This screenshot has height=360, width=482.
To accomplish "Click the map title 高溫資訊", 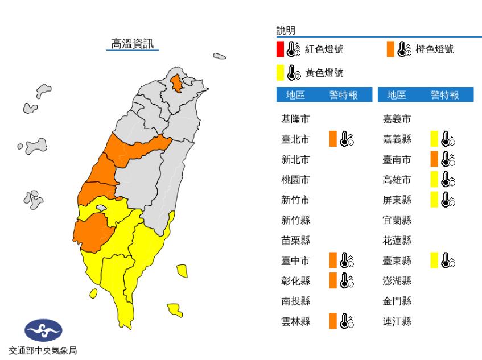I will tap(132, 44).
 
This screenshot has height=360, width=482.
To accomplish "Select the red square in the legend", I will tap(280, 49).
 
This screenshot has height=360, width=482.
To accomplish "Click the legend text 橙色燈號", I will tap(435, 49).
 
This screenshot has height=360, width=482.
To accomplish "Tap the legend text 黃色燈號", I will tap(324, 73).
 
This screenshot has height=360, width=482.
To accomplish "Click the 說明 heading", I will tap(286, 31).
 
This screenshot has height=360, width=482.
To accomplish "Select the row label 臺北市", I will tap(295, 139).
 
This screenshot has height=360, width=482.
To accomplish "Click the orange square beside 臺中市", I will tap(333, 260).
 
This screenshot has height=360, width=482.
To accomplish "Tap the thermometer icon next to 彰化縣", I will tap(347, 280).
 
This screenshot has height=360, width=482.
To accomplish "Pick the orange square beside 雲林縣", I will tap(333, 321).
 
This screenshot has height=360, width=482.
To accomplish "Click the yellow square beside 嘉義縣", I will tap(434, 139).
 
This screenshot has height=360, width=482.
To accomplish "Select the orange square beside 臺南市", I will tap(434, 159).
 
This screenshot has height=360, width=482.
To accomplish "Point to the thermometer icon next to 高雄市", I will tap(448, 180).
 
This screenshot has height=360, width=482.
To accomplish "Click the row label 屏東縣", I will tap(397, 200).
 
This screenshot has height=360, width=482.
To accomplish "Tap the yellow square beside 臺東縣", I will tap(434, 260).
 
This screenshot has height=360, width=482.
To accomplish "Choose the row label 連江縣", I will tap(397, 321).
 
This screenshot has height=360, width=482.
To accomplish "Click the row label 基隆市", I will tap(295, 119).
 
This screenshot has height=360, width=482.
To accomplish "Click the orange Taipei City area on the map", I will tap(177, 83).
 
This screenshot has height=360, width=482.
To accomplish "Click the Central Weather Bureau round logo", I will tap(43, 330).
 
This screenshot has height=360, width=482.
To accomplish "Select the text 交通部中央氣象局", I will tap(43, 350).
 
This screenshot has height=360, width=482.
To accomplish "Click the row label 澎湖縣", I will tap(397, 281).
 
